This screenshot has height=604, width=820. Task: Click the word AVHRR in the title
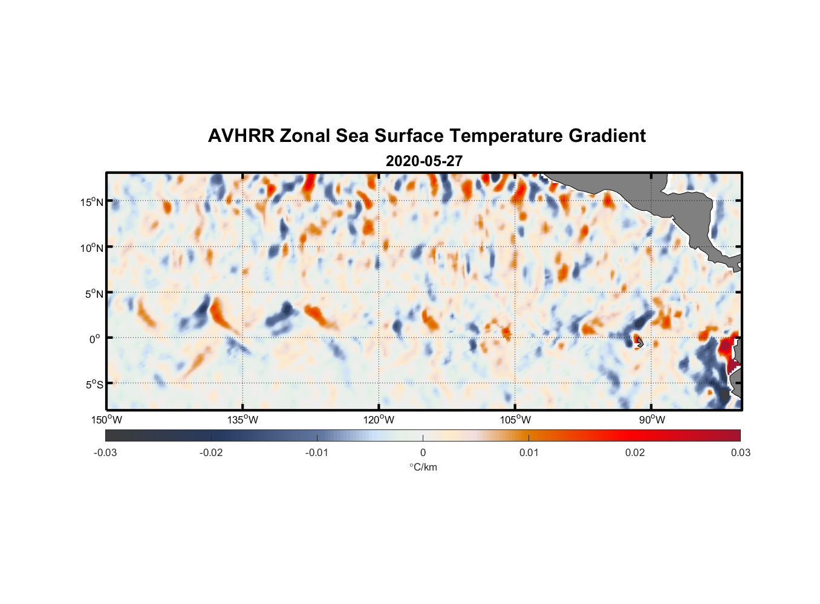pos(241,136)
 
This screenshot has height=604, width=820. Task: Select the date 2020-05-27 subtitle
pos(424,161)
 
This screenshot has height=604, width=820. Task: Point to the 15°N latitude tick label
pos(92,202)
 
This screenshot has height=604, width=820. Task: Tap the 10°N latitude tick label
pos(92,248)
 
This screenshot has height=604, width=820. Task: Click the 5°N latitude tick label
pos(94,294)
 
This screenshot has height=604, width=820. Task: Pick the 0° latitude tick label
pos(95,339)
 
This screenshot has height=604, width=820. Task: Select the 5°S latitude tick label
pos(94,385)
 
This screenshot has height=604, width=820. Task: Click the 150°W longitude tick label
pos(107,420)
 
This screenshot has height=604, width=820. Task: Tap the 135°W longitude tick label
pos(243,420)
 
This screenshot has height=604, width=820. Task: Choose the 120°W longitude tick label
pos(379,420)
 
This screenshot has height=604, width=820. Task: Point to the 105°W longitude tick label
pos(515,420)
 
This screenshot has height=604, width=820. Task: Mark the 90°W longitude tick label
pos(652,420)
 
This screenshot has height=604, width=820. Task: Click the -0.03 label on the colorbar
pos(105,452)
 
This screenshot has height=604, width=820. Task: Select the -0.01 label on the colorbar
pos(317,452)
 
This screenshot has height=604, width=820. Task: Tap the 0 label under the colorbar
pos(423,452)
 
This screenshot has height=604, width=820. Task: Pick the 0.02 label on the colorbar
pos(635,452)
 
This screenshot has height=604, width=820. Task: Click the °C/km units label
pos(423,467)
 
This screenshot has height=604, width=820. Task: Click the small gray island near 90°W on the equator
pos(639,342)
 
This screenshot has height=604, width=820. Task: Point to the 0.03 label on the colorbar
pos(740,452)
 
